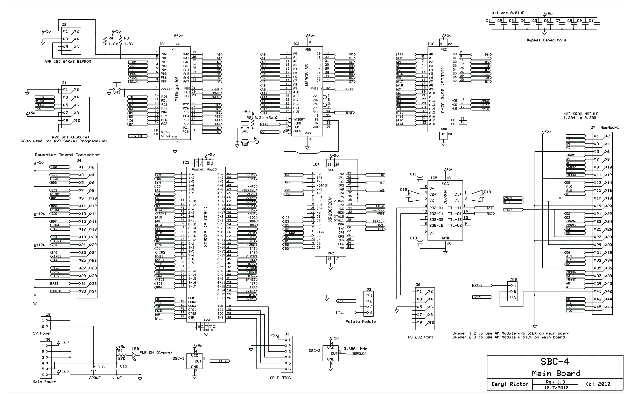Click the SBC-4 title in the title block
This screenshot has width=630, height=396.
click(x=555, y=362)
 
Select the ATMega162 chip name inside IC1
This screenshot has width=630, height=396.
click(x=177, y=89)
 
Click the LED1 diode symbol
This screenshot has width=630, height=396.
click(x=135, y=356)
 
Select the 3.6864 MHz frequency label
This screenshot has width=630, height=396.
click(x=355, y=349)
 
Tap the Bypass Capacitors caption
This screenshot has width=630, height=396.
click(x=546, y=40)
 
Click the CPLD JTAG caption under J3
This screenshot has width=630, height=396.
click(x=280, y=378)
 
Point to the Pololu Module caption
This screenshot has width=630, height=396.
click(x=361, y=321)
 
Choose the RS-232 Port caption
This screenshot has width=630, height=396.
click(x=421, y=337)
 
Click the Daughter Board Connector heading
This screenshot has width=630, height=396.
click(x=67, y=155)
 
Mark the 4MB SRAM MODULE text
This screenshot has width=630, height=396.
click(x=580, y=114)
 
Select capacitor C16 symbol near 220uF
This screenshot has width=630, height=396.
click(x=93, y=369)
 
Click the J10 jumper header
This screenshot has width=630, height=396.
click(x=512, y=291)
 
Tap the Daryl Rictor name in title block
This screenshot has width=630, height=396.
click(x=510, y=384)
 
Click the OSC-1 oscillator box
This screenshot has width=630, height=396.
click(x=194, y=361)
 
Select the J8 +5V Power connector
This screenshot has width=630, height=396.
click(x=46, y=323)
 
